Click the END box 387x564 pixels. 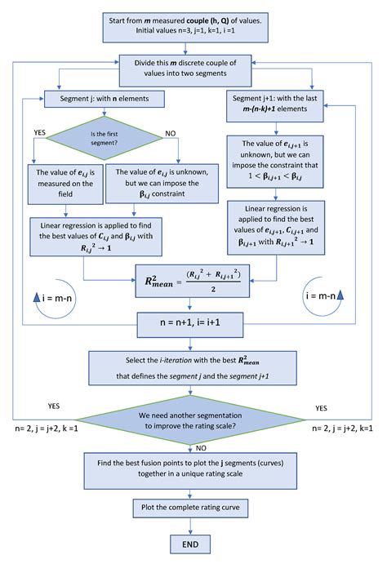tap(190, 544)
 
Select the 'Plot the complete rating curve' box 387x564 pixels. tap(190, 508)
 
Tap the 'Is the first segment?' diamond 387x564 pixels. tap(105, 138)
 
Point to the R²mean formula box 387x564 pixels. tap(193, 281)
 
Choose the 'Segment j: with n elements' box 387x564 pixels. tap(105, 99)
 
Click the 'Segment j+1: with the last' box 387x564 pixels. tap(275, 106)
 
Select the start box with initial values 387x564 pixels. tap(185, 27)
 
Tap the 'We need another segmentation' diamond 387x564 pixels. tap(190, 420)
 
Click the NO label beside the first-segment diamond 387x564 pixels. tap(171, 133)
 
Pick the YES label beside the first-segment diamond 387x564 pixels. tap(39, 132)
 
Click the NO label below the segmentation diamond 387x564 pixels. tap(201, 448)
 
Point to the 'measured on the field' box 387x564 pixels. tap(65, 184)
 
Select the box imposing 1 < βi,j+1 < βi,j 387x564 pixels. tap(275, 162)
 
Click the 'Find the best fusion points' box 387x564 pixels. tap(190, 470)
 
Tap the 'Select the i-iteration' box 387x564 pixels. tap(193, 368)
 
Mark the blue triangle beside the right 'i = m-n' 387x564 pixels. tap(340, 295)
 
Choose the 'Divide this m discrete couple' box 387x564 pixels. tap(185, 70)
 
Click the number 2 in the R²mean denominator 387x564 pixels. tap(213, 289)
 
